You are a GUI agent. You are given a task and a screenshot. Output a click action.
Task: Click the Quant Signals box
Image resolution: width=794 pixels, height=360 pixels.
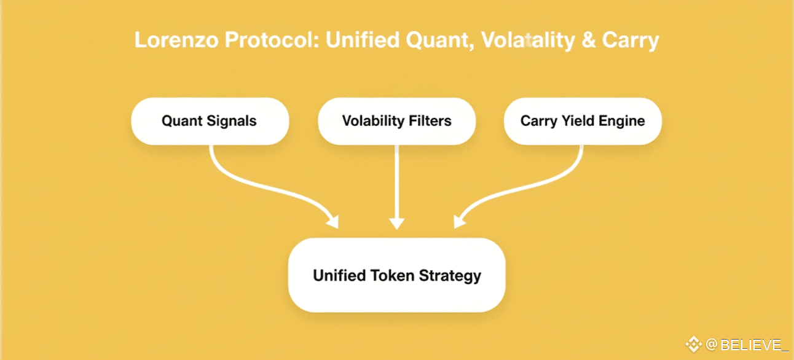click(210, 120)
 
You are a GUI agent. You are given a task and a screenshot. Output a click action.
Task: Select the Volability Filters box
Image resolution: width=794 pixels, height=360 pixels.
click(396, 120)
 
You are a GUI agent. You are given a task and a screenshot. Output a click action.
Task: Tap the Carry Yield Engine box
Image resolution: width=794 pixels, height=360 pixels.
click(583, 120)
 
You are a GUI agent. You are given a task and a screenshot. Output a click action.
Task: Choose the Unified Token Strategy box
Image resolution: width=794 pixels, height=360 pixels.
click(396, 275)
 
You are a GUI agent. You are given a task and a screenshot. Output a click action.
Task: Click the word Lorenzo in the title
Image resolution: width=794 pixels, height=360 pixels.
click(176, 41)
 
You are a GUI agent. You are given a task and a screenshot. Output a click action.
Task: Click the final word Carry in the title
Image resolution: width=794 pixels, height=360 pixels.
click(630, 41)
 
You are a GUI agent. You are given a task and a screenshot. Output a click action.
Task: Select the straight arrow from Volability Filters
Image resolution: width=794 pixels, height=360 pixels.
click(397, 184)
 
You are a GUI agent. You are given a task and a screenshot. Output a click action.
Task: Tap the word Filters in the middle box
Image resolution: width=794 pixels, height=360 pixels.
click(428, 120)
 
